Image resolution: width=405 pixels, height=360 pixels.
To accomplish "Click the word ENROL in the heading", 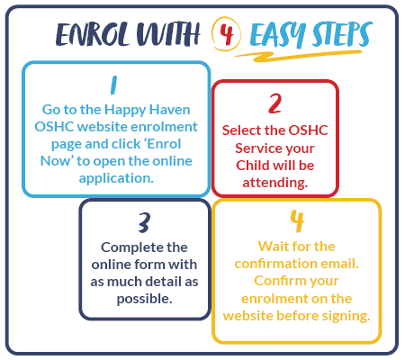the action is point(94,34).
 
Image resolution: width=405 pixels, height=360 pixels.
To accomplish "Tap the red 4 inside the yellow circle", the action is point(227,33).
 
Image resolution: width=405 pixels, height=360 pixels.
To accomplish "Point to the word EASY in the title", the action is point(277,35).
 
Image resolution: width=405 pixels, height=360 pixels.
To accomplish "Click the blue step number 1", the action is point(113,85).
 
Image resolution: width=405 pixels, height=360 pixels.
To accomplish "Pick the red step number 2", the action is point(275,103).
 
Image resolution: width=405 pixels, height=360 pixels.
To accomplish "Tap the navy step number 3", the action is point(144,222).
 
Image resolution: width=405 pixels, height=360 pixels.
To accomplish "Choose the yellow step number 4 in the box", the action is point(297,221).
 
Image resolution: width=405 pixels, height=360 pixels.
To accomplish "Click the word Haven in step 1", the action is point(169,110).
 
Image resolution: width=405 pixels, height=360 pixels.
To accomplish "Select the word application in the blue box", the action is point(116,178).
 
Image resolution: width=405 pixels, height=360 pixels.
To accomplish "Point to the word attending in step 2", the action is point(275,183).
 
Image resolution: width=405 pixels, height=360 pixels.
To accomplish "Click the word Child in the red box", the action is point(251,166).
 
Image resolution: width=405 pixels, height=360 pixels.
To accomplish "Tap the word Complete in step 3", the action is point(132,248).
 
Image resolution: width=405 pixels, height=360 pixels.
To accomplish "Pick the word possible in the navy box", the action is point(144,299).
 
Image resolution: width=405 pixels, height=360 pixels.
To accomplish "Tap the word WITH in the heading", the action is point(168,34).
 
